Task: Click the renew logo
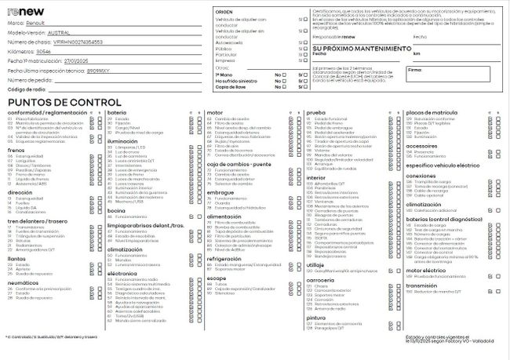[26, 13]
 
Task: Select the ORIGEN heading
[224, 13]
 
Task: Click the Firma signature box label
[415, 70]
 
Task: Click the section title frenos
[16, 149]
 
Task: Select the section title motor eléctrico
[424, 270]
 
